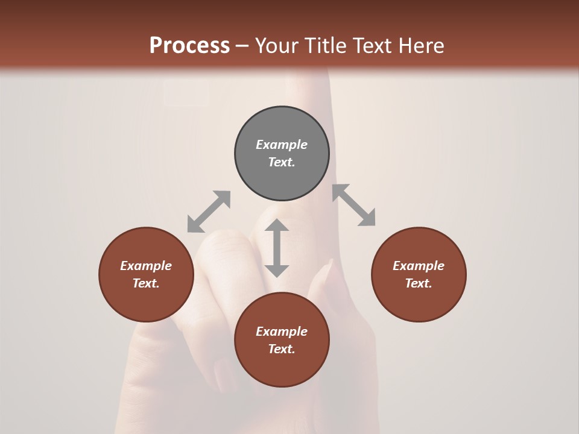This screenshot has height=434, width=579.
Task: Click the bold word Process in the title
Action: [189, 46]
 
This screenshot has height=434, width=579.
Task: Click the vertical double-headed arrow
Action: [277, 248]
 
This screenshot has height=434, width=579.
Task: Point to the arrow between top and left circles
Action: [209, 211]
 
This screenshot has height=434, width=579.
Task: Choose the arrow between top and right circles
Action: [354, 206]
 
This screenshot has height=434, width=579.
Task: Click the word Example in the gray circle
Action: [282, 145]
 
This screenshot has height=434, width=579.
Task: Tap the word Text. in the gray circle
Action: [282, 162]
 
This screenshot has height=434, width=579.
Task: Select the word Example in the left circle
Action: [146, 266]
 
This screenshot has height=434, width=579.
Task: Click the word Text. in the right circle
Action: [419, 283]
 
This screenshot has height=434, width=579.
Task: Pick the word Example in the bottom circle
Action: [282, 332]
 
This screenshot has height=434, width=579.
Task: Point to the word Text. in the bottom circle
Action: [282, 349]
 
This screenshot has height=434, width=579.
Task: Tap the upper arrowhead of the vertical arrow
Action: [277, 225]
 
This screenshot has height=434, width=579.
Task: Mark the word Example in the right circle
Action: [419, 266]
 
